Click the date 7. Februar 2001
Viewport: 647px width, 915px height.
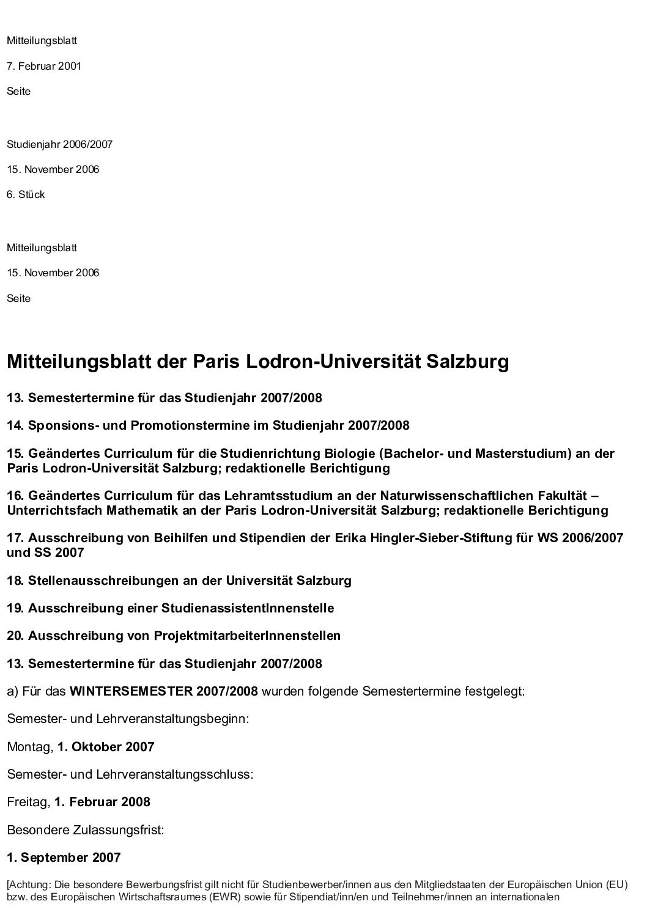coord(44,66)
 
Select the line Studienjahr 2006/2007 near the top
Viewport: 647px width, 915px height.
coord(59,144)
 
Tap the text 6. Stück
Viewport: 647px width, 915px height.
coord(26,194)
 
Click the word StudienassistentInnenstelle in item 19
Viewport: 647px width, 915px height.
coord(248,608)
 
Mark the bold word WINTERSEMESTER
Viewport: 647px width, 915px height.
coord(131,691)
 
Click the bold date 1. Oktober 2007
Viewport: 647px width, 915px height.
coord(106,746)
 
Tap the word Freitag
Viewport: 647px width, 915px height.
coord(28,801)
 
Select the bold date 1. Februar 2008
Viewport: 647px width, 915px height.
coord(102,801)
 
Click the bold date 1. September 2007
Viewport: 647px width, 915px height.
coord(64,857)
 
